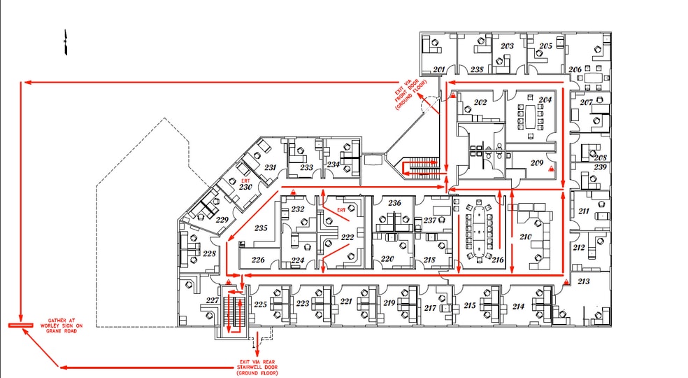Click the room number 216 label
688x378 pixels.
[498, 260]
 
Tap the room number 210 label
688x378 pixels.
[526, 238]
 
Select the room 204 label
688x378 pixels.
[545, 100]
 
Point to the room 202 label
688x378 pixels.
[480, 103]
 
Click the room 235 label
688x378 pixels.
[261, 228]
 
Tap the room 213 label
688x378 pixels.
[583, 281]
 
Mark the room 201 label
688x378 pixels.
[439, 69]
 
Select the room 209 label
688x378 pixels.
[536, 164]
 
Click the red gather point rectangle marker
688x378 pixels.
[21, 326]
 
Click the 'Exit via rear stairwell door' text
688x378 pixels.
[259, 367]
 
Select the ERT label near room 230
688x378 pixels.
[245, 180]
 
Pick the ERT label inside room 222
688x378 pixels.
[341, 209]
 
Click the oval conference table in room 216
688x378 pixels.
[479, 230]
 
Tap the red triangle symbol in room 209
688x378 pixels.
[551, 169]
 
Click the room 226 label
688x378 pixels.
[258, 260]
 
